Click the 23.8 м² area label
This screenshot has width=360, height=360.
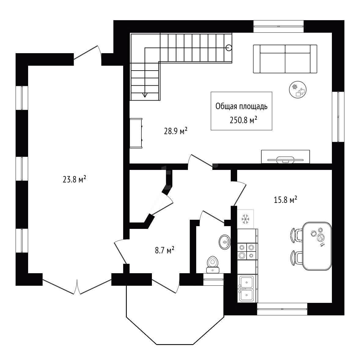click(x=74, y=179)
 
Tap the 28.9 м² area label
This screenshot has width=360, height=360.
click(x=176, y=131)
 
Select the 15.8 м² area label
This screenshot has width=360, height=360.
click(x=285, y=200)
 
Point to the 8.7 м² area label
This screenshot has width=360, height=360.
click(x=164, y=250)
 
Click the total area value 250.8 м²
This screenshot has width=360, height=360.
click(x=243, y=120)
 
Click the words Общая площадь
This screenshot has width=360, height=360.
click(x=241, y=106)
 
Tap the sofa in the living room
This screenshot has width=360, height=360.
click(x=285, y=59)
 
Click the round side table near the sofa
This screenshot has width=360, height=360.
click(x=298, y=90)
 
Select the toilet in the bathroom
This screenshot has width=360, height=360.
click(x=213, y=265)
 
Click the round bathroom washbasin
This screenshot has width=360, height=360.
click(x=225, y=242)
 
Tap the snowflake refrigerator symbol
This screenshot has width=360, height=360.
click(x=245, y=219)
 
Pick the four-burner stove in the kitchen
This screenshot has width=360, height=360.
click(x=248, y=252)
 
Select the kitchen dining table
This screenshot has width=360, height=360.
click(x=317, y=246)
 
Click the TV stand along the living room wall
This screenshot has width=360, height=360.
click(x=285, y=157)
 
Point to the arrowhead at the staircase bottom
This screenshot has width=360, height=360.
click(x=145, y=95)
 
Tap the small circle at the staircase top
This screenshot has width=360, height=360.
click(x=229, y=48)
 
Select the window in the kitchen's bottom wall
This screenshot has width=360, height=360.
click(x=282, y=309)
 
